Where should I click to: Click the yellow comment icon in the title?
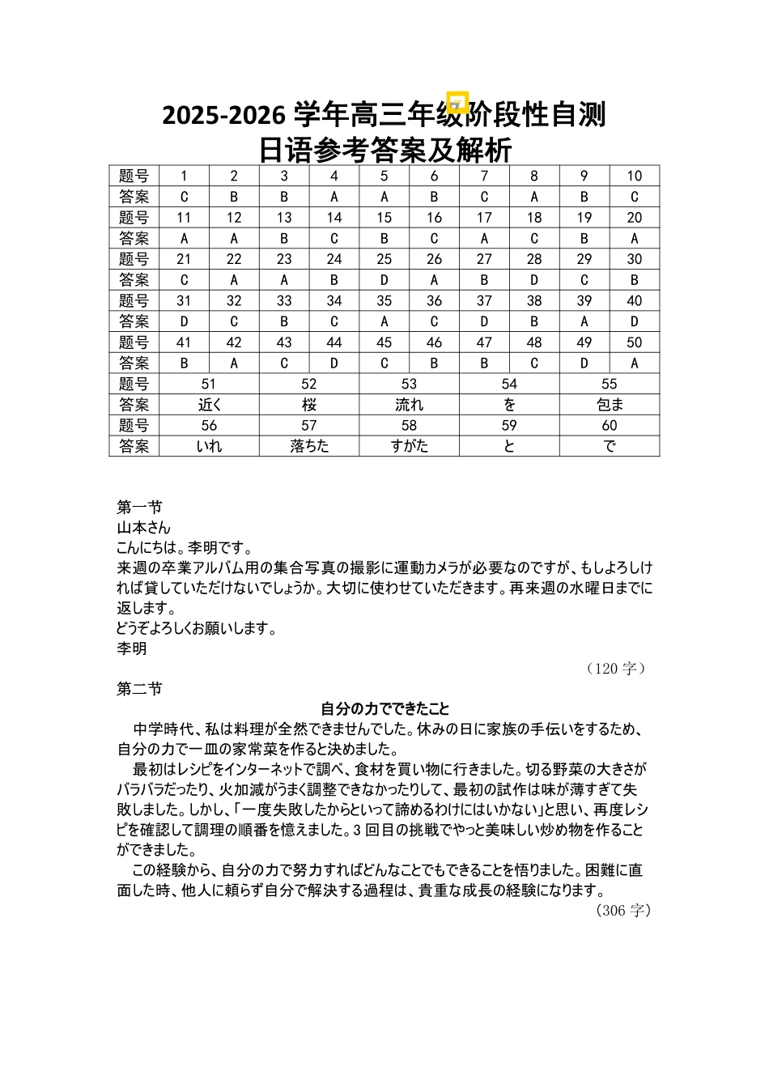(x=458, y=103)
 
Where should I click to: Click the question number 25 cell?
(x=384, y=259)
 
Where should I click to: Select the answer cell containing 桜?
(x=309, y=405)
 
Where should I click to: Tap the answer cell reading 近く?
(x=209, y=405)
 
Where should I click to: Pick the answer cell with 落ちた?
(x=309, y=446)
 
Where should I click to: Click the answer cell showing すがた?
(x=410, y=446)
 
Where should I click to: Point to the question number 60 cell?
(x=610, y=426)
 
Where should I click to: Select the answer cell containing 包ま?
(x=610, y=405)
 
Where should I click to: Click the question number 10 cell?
(x=635, y=176)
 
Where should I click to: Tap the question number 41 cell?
(x=184, y=342)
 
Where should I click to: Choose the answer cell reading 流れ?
(x=410, y=405)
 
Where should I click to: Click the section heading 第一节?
(x=139, y=508)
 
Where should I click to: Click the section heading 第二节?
(x=139, y=689)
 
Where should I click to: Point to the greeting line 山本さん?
(x=144, y=528)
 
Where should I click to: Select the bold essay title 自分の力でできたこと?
(x=384, y=709)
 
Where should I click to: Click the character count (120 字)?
(x=616, y=669)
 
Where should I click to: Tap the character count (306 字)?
(x=622, y=911)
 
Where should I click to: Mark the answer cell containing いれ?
(x=209, y=446)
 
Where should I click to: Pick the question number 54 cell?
(x=509, y=384)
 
